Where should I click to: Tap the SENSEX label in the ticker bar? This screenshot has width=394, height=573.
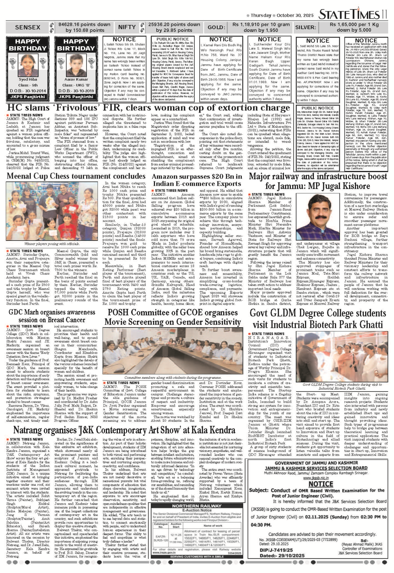[x=28, y=27]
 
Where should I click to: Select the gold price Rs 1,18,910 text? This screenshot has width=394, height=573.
[x=261, y=24]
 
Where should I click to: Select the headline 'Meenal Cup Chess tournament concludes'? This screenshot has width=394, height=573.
[x=76, y=176]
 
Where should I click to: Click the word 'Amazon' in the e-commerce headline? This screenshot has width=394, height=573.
[x=165, y=176]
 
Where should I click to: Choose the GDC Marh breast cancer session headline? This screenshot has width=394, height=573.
[x=52, y=316]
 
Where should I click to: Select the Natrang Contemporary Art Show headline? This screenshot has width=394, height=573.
[x=124, y=430]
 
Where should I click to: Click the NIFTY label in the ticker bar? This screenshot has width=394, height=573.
[x=127, y=27]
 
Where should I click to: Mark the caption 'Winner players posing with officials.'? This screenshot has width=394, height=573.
[x=52, y=244]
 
